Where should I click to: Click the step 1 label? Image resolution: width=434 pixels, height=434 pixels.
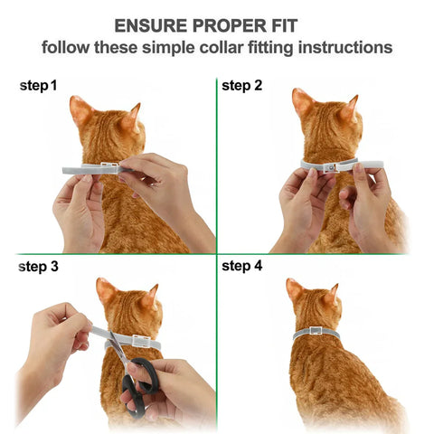pyautogui.click(x=39, y=86)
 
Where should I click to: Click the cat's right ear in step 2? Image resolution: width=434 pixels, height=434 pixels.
pyautogui.click(x=348, y=108)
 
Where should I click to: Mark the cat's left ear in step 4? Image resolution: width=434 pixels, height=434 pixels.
pyautogui.click(x=295, y=289)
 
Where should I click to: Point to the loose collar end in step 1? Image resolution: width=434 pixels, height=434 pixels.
pyautogui.click(x=76, y=170)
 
